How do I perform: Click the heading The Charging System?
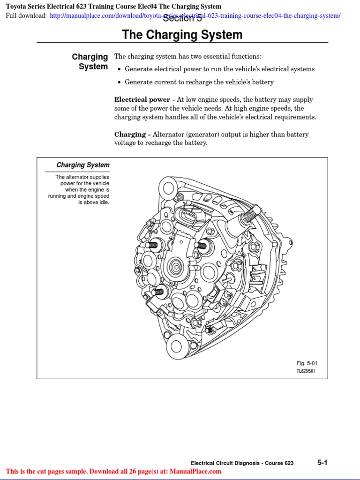pos(182,35)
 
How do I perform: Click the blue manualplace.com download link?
pos(195,16)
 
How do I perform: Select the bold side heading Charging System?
pos(90,61)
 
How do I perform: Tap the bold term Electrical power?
pos(142,100)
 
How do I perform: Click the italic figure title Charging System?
pos(83,165)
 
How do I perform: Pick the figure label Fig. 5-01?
pos(307,363)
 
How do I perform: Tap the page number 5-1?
pos(322,462)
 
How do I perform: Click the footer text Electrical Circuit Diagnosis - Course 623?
pos(242,463)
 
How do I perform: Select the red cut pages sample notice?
pos(113,472)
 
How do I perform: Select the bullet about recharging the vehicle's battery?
pos(199,82)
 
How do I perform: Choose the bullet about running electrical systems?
pos(219,69)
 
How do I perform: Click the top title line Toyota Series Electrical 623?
pos(113,7)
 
